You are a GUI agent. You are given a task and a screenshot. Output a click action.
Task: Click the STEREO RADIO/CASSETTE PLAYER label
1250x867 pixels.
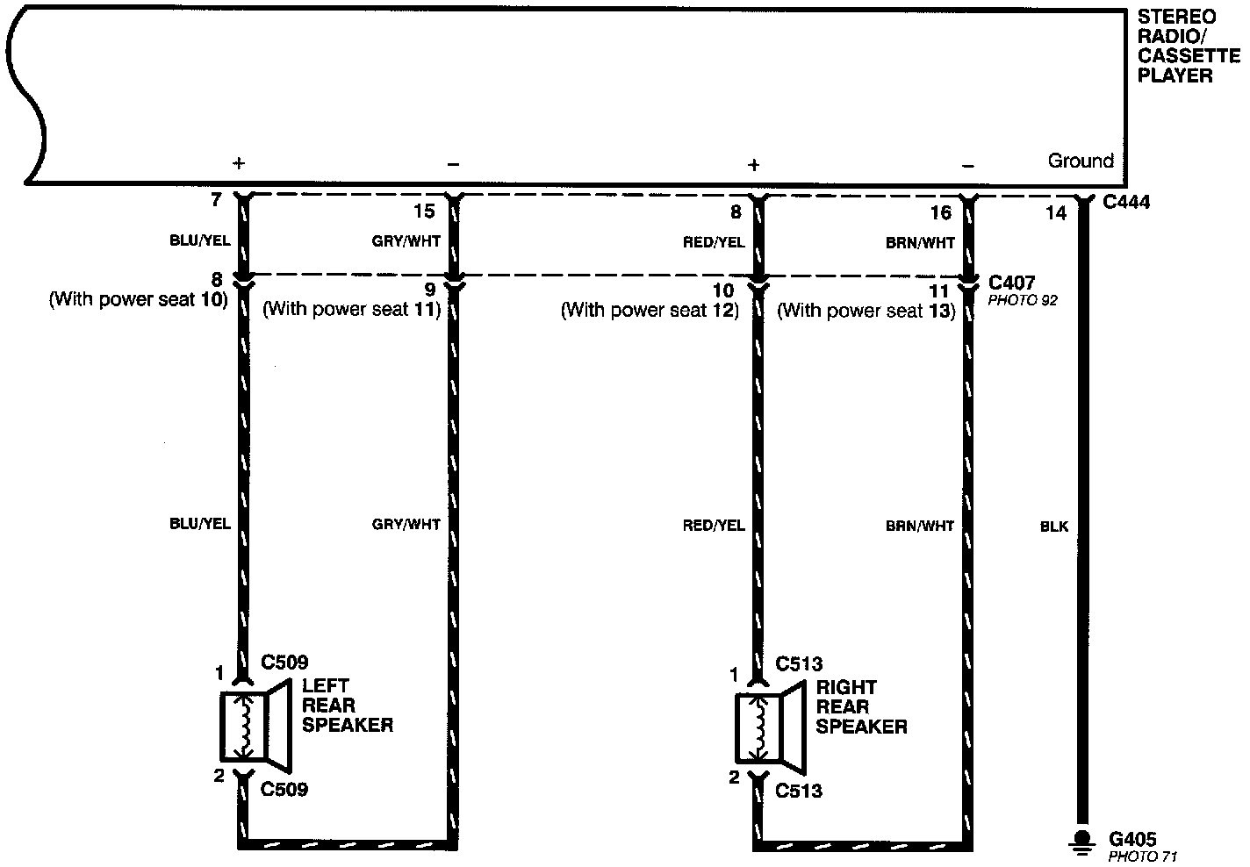(x=1189, y=47)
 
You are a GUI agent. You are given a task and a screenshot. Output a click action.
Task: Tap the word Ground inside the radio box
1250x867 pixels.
(x=1081, y=161)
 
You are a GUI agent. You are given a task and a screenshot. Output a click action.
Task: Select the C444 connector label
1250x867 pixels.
(x=1126, y=202)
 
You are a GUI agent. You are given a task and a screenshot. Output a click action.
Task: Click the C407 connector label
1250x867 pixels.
(x=1011, y=283)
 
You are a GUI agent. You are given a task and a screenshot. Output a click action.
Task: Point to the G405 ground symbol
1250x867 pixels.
(x=1082, y=842)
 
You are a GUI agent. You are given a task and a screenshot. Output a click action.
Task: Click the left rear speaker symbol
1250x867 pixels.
(x=255, y=727)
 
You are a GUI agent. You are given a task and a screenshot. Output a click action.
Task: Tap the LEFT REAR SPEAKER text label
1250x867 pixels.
(x=347, y=706)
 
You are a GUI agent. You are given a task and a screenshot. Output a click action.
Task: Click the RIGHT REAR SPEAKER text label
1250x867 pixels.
(x=861, y=707)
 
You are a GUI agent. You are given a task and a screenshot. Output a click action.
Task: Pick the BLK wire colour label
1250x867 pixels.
(x=1053, y=527)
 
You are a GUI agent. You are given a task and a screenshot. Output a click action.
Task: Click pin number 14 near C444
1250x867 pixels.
(x=1056, y=213)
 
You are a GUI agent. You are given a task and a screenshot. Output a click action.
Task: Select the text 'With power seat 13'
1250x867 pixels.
(x=866, y=310)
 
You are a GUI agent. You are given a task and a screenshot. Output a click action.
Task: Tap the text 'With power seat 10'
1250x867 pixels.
(x=139, y=299)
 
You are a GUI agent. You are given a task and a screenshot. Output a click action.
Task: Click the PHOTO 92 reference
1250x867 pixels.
(x=1023, y=301)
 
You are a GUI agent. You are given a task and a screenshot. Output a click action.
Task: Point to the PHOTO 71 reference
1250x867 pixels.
(x=1142, y=856)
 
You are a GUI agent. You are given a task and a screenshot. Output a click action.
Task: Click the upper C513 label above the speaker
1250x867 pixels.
(x=799, y=664)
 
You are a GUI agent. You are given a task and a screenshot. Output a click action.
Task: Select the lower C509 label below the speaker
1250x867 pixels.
(x=284, y=790)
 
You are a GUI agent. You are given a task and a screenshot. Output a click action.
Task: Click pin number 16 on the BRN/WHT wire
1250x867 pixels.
(x=941, y=212)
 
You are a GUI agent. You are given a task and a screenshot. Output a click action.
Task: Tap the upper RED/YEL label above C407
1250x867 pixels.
(x=714, y=242)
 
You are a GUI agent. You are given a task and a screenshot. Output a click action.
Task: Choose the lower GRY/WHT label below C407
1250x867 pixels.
(x=406, y=525)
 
